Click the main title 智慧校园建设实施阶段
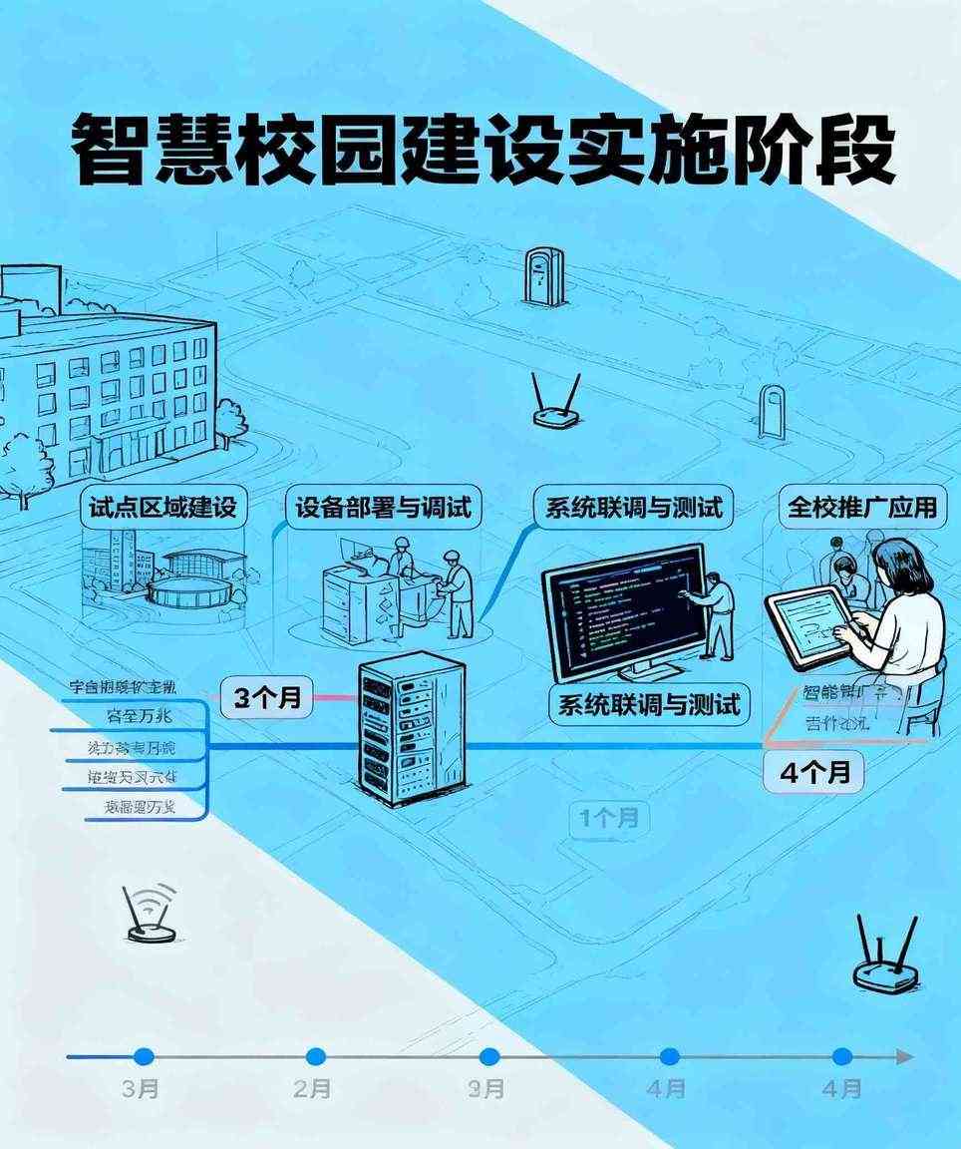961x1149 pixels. tap(481, 151)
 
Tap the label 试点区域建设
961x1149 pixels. tap(162, 508)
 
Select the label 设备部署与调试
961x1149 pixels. tap(383, 508)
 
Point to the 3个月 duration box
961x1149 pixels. tap(267, 697)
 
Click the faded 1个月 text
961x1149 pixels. tap(609, 819)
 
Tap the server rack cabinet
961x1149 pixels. tap(410, 730)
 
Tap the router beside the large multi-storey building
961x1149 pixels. tap(554, 403)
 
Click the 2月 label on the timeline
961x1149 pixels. tap(313, 1089)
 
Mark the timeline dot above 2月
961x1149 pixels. tap(316, 1057)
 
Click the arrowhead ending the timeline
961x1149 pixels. tap(903, 1057)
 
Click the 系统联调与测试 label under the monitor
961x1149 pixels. tap(649, 705)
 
